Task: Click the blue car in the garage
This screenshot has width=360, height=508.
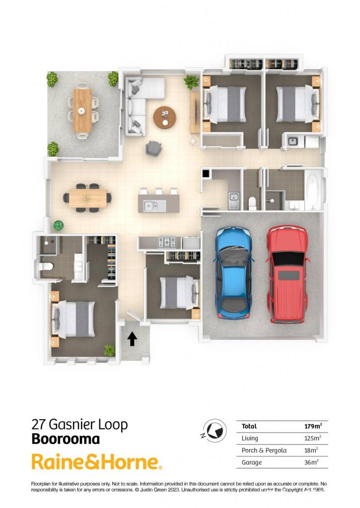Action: coord(233,272)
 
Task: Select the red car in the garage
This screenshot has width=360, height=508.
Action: coord(287,274)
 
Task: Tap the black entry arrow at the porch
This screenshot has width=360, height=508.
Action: coord(132,338)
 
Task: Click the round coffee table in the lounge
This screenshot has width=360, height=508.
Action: coord(165,117)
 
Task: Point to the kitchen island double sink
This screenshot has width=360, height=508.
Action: coord(155,205)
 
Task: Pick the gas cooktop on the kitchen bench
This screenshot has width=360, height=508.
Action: coord(167,242)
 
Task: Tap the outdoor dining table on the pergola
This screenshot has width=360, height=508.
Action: coord(82,111)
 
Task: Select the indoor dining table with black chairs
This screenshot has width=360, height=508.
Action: coord(87,197)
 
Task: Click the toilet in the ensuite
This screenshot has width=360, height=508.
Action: coord(45,266)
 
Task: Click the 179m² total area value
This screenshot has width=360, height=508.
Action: coord(313,426)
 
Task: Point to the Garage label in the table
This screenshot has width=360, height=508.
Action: coord(252,462)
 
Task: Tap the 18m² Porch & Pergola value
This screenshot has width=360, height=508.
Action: coord(311,450)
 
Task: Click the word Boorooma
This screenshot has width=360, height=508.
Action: coord(66,440)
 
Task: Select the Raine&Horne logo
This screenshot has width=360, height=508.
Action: coord(97,462)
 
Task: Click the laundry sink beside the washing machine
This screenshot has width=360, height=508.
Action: coord(293,141)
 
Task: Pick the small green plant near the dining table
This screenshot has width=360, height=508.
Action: coord(59,225)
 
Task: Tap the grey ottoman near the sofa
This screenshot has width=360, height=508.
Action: coord(153,149)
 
